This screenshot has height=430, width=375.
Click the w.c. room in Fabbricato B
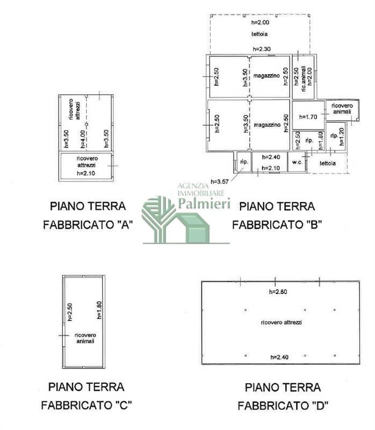pos(297,162)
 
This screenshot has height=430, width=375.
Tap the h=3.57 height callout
pos(220,182)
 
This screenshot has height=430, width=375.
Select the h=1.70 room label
pos(308,117)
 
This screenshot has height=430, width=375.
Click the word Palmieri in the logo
pos(204,204)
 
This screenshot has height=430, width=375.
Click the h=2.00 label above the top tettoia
pos(260,23)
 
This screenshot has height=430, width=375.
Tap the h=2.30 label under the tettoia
pos(262,49)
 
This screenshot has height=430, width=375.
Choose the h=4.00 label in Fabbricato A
pos(83,139)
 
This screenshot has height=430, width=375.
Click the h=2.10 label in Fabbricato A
pos(86,173)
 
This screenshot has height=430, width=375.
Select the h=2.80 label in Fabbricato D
pos(278,292)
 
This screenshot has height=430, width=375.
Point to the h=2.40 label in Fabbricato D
pos(279,357)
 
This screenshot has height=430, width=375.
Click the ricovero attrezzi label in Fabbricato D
pos(282,322)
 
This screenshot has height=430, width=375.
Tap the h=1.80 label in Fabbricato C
pos(99,310)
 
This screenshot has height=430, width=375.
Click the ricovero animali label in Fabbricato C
pos(85,338)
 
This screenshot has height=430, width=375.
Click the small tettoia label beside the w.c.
pos(328,163)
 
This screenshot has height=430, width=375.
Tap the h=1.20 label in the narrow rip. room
pos(342,137)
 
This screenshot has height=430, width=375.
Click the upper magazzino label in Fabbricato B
pos(266,76)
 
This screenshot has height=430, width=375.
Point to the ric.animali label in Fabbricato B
pos(304,78)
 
